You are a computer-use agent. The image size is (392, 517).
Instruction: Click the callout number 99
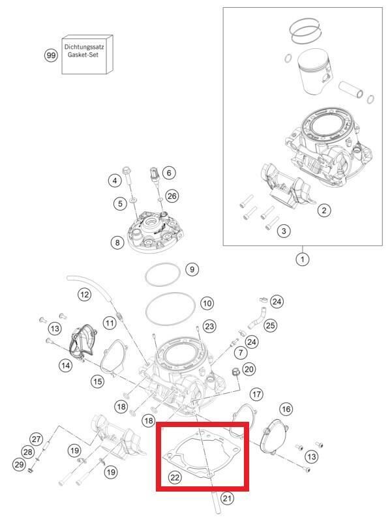coord(51,56)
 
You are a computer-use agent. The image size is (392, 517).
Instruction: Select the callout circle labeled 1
coord(301,259)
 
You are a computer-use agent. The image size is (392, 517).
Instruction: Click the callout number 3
coord(284,231)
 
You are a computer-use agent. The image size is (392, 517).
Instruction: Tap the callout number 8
coord(117,243)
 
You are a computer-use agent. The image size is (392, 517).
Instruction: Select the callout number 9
coord(191,269)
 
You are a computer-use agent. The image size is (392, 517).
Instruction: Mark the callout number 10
coord(207,303)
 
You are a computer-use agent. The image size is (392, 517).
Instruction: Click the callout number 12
coord(84,295)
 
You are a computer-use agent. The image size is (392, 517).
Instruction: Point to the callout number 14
coord(66,366)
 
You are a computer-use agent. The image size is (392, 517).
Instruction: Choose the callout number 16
coord(286,409)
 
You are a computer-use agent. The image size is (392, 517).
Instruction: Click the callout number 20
coord(249,369)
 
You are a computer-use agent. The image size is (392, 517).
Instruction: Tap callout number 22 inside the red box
coord(175,478)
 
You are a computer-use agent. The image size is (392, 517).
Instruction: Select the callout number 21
coord(227,499)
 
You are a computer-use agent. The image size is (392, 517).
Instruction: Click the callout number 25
coord(270,324)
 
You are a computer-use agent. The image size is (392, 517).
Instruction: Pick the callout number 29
coord(19,464)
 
